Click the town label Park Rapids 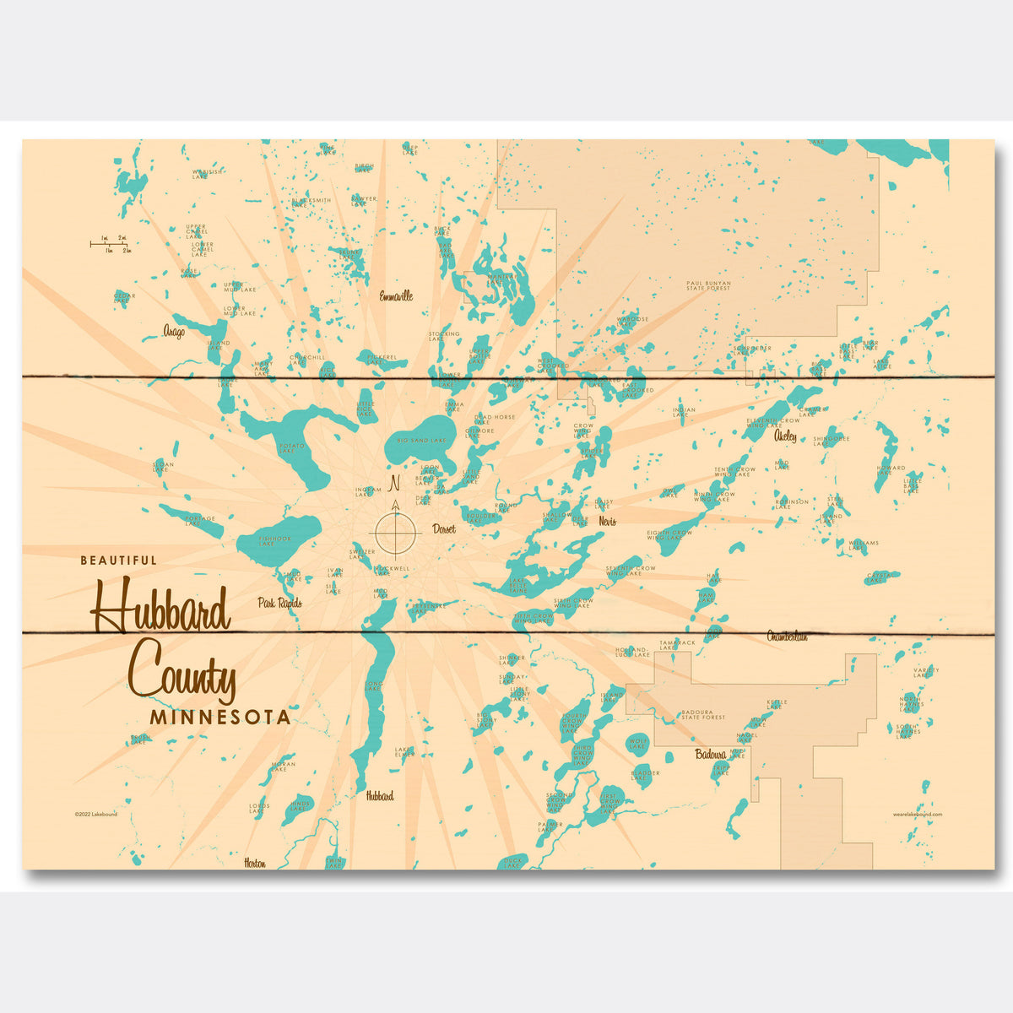tap(279, 603)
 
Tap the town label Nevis tap(607, 522)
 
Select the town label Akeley tap(784, 436)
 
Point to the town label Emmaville tap(396, 296)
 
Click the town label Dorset tap(443, 529)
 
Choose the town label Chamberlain tap(787, 636)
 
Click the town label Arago tap(175, 332)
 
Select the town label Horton tap(255, 863)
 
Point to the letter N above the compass tap(393, 484)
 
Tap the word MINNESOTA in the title tap(220, 718)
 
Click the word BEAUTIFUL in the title tap(118, 560)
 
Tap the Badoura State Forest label tap(703, 715)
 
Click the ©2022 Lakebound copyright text tap(95, 814)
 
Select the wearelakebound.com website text tap(917, 814)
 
